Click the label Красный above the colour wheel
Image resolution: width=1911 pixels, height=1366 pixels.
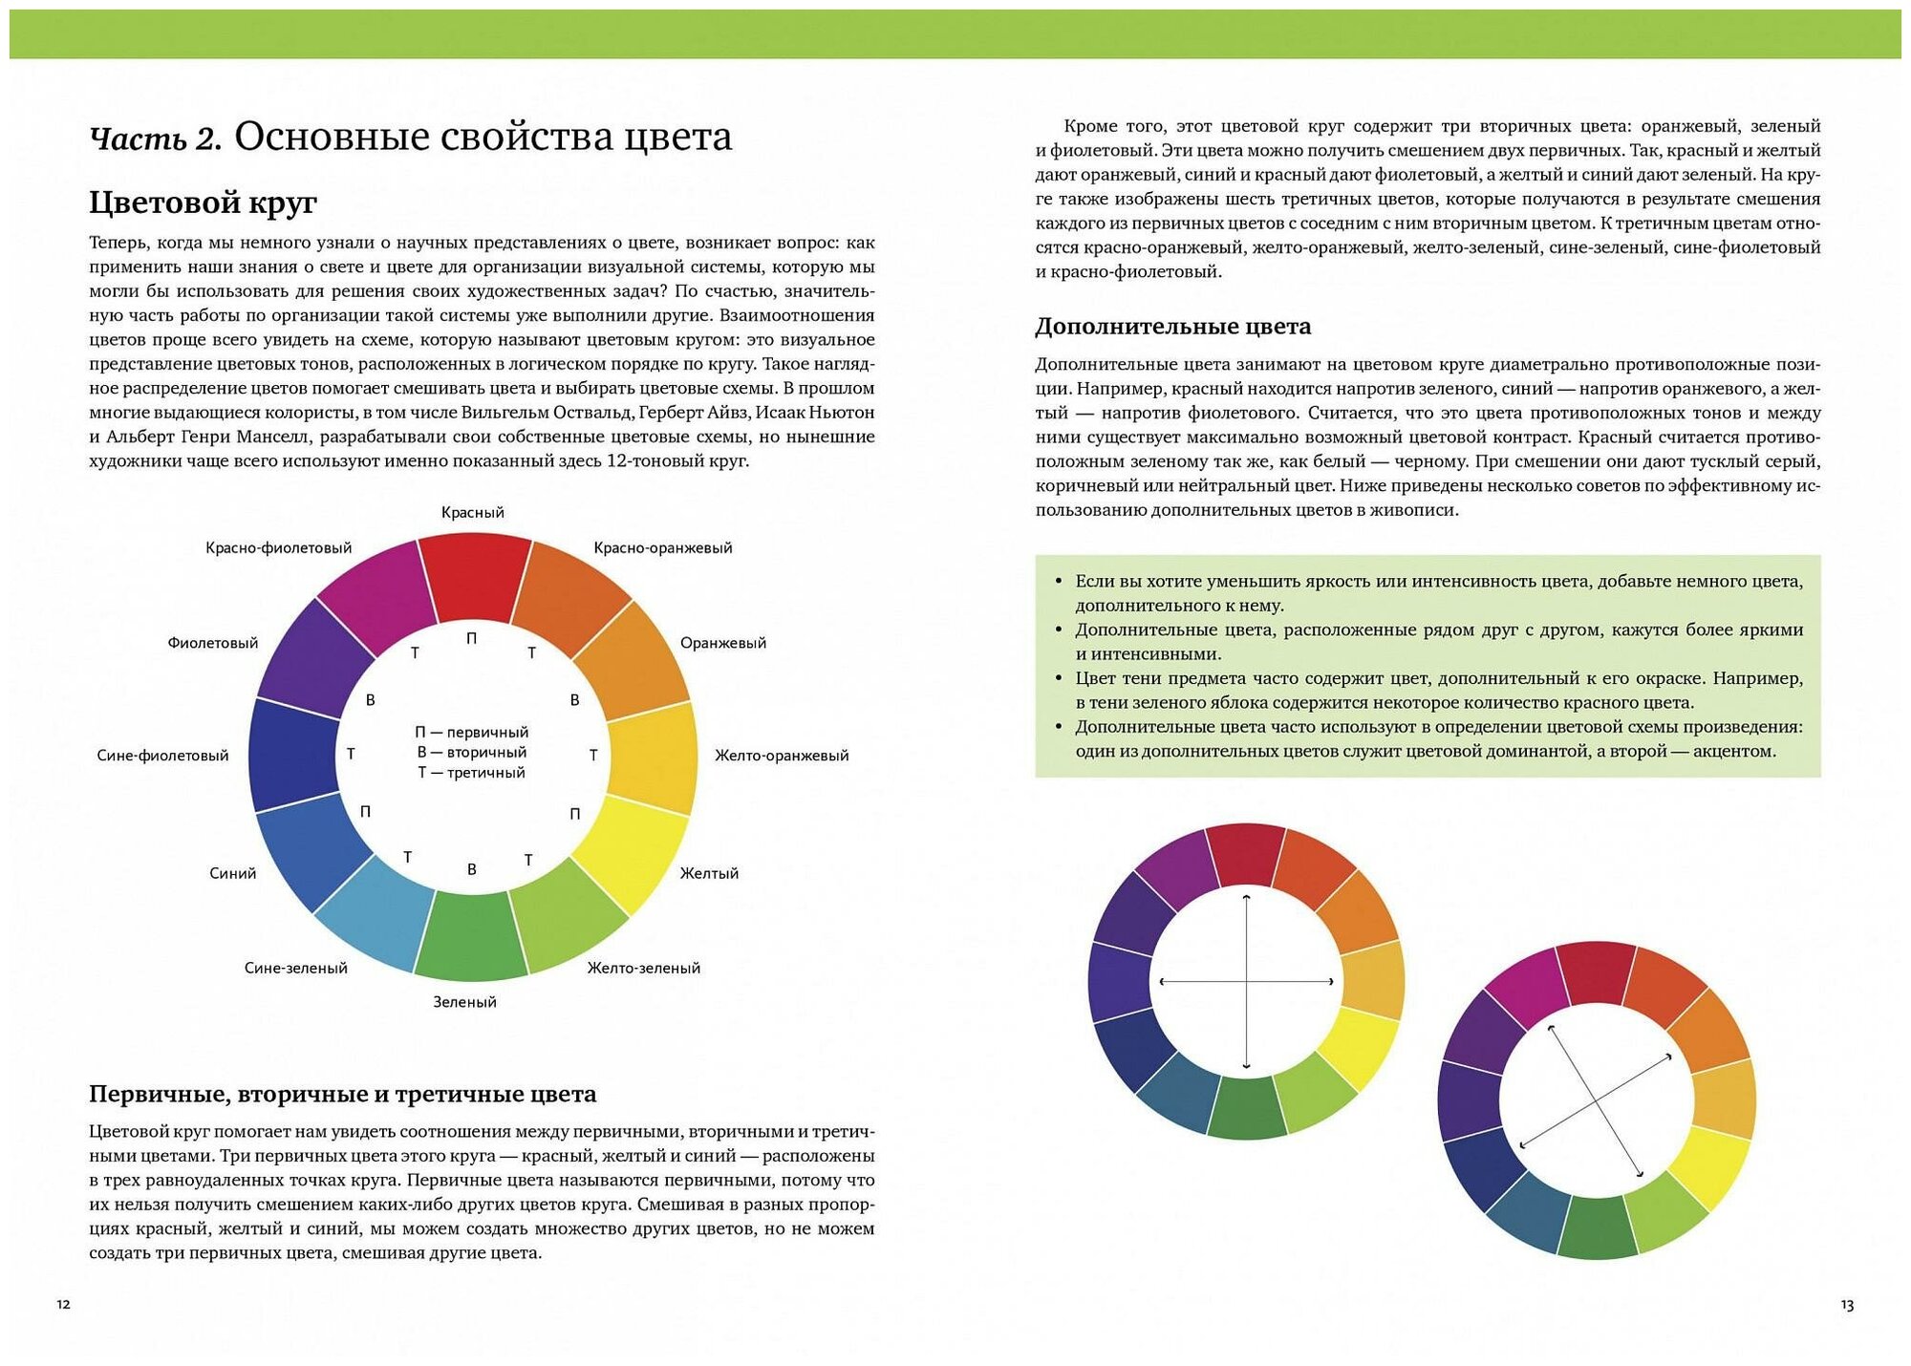pos(472,513)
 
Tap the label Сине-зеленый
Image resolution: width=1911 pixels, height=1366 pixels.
pos(295,968)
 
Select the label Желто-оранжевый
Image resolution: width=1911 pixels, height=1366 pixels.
pos(781,756)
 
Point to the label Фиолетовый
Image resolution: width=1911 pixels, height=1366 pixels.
pos(212,643)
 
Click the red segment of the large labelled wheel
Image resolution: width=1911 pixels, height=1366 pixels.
pos(474,576)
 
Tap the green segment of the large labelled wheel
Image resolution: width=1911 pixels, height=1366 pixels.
pos(471,935)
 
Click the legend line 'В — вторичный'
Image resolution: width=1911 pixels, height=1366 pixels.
pos(471,753)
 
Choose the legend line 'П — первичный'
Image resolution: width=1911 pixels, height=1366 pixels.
pos(471,732)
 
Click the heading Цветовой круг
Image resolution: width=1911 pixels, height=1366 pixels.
pos(203,203)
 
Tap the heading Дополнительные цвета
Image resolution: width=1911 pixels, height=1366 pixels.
pos(1172,327)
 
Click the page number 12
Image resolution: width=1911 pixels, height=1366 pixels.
pos(63,1304)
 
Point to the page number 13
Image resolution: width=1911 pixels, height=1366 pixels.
pos(1846,1305)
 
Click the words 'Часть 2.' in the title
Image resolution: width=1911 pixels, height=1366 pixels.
pos(155,139)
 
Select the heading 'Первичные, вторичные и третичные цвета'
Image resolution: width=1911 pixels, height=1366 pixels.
pos(342,1094)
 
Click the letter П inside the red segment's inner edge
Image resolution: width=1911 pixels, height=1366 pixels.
pos(471,638)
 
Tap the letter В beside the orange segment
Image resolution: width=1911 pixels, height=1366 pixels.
pos(574,700)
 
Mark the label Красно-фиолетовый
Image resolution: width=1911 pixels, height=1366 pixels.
pos(278,548)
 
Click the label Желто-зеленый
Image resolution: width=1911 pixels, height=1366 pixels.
pos(643,968)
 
